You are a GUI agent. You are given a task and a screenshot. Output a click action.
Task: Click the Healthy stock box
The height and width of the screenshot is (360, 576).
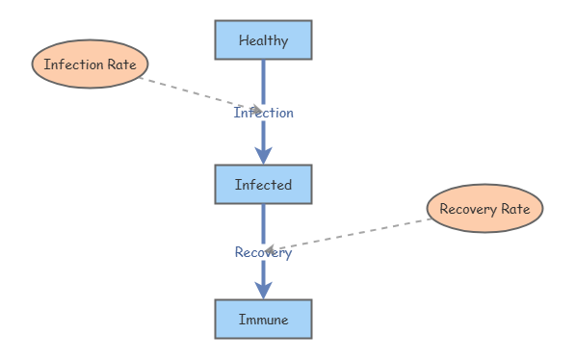click(263, 40)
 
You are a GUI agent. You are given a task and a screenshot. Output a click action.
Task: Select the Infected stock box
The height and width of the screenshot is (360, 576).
click(263, 184)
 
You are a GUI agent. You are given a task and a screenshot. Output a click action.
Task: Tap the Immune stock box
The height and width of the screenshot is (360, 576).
click(263, 319)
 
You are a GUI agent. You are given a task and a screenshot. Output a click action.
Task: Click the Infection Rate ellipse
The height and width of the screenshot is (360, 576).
click(90, 64)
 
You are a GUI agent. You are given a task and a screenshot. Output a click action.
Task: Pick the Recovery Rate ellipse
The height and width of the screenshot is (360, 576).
click(484, 209)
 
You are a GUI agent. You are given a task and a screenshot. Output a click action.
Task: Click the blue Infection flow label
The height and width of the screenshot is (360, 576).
click(263, 113)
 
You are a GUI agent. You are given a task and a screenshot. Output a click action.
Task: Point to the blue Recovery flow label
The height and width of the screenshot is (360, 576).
click(263, 252)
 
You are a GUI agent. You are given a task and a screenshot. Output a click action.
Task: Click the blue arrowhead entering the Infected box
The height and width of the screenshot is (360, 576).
click(263, 156)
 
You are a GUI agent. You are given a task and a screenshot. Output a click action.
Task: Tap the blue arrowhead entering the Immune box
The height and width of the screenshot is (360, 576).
click(263, 291)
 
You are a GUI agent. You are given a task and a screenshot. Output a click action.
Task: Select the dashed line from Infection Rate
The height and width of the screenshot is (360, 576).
click(201, 94)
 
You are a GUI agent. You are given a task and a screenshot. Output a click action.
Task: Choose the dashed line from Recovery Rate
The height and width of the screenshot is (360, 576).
click(348, 235)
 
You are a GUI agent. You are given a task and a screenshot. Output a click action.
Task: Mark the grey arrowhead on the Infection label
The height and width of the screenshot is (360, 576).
click(258, 110)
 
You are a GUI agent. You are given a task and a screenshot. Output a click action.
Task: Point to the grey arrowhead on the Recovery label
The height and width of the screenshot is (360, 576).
click(270, 250)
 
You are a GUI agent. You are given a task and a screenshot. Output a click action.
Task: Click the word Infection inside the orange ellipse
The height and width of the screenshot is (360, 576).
click(74, 64)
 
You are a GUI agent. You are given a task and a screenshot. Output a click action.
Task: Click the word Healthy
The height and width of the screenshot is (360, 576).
click(263, 40)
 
